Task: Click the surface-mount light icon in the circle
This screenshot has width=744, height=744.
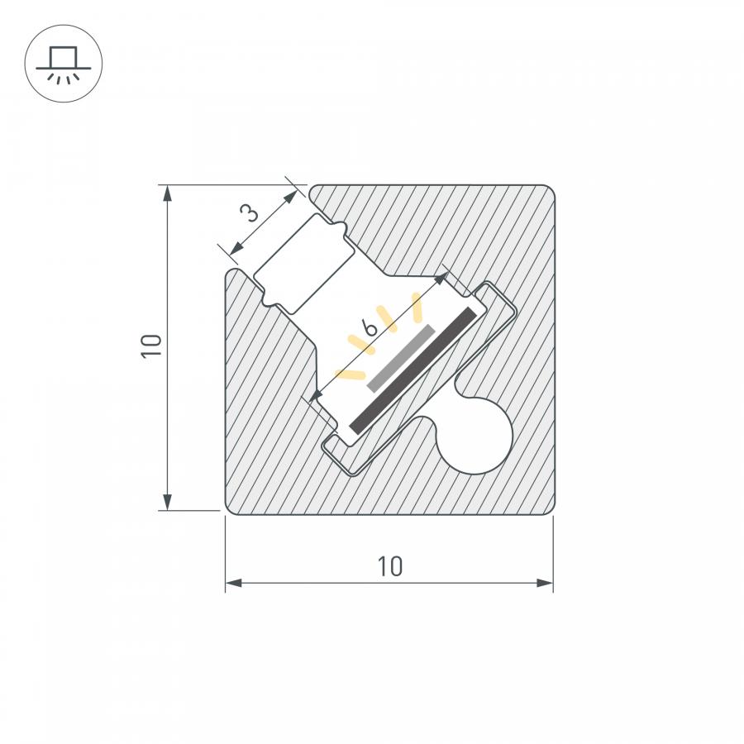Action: point(63,64)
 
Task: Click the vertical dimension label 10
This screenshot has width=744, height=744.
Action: point(152,346)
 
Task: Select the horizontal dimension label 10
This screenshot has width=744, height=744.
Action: point(390,566)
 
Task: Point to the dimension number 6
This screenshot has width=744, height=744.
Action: point(370,327)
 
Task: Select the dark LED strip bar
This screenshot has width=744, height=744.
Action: point(413,370)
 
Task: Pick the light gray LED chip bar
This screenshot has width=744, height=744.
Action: point(401,358)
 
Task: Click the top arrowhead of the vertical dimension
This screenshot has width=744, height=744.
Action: point(167,194)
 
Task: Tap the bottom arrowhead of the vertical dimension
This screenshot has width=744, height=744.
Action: point(167,502)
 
